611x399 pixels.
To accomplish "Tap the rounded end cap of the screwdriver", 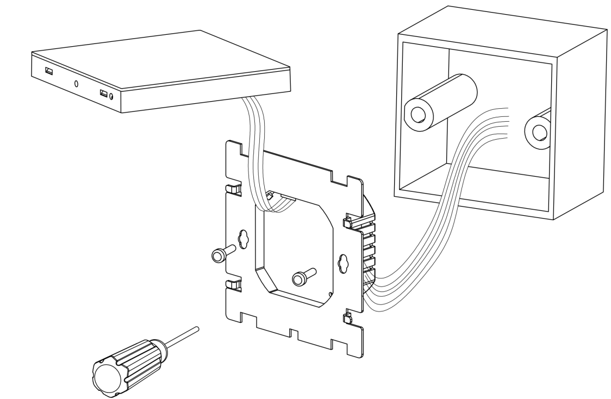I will click(x=107, y=375).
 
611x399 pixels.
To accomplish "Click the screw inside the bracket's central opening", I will click(x=301, y=278).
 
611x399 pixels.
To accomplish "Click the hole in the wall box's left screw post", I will click(x=419, y=114).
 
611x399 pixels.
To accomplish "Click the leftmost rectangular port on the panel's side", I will click(x=48, y=71).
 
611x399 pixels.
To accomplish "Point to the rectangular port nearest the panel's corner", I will click(x=103, y=93).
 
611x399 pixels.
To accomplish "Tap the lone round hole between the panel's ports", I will click(x=76, y=84).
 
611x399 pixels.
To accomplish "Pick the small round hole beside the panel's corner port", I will click(x=111, y=96).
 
